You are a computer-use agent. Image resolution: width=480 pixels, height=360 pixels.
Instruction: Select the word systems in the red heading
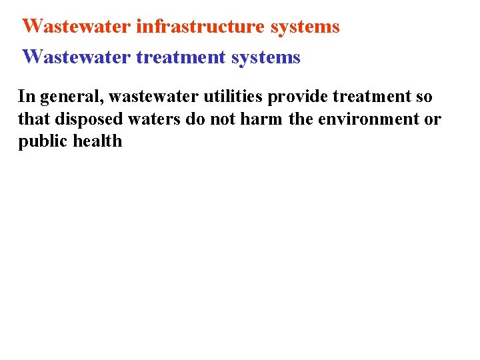[x=307, y=27]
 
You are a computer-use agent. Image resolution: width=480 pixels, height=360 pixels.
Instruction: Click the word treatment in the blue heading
[x=181, y=57]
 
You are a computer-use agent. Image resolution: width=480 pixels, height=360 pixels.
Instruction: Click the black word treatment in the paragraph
[x=369, y=97]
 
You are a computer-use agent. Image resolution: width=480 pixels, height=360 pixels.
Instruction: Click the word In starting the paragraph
[x=26, y=97]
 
